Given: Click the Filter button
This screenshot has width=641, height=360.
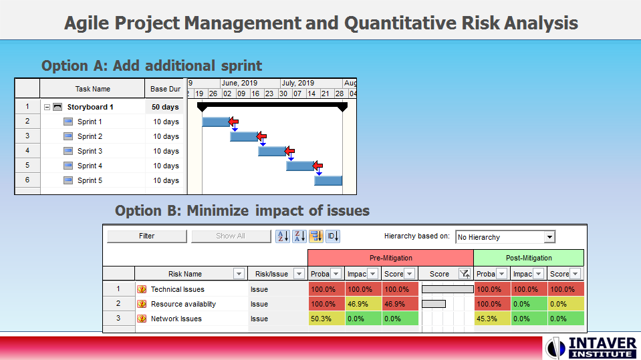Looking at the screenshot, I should (x=147, y=236).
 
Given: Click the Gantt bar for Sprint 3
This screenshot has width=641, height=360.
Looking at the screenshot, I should (x=271, y=151).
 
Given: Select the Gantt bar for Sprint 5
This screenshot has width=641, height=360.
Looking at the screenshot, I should (x=328, y=180).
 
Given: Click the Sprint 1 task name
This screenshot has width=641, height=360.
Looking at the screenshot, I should (x=90, y=122).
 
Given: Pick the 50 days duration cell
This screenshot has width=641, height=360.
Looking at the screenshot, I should (x=165, y=107).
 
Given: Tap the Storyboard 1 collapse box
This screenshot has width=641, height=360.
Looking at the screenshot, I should (x=47, y=107).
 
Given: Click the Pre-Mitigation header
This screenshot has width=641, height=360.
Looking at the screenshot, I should (x=390, y=258).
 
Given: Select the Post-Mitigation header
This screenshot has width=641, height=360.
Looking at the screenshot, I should (x=528, y=258).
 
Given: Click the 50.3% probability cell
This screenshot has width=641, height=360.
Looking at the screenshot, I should (x=326, y=319).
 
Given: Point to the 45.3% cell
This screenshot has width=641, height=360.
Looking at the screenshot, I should (x=491, y=319).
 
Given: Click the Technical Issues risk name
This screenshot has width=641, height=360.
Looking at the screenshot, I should (x=177, y=289).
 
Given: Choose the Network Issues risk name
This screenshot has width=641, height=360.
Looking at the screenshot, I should (x=176, y=319).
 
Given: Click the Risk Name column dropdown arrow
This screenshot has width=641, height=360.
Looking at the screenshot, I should (x=239, y=274).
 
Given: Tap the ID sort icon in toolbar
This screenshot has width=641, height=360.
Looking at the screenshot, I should (x=333, y=236).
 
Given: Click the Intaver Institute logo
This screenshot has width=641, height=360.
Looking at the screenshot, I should (x=590, y=347).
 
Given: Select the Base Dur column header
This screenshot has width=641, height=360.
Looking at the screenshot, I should (x=165, y=89).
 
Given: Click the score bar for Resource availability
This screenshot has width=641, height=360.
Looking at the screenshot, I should (x=434, y=304).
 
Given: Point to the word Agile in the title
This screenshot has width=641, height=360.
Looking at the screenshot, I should (x=88, y=23).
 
